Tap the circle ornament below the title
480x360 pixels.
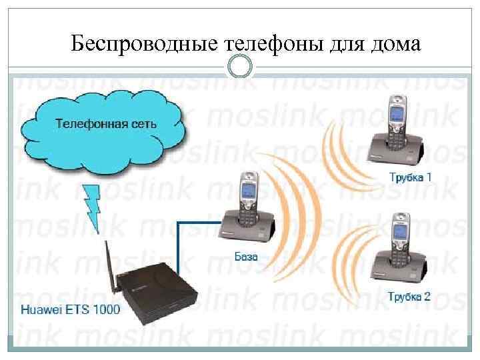pos(240,67)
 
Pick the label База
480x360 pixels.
pos(246,255)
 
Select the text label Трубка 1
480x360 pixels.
pos(410,177)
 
